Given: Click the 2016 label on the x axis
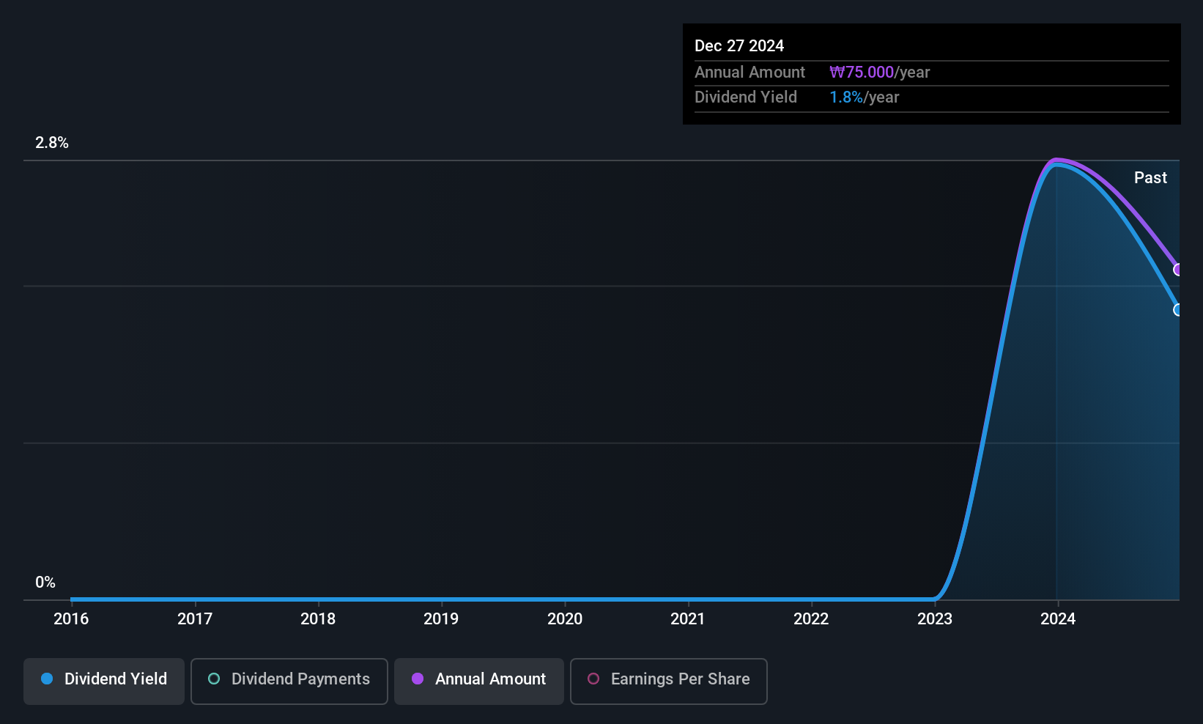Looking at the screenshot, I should point(71,618).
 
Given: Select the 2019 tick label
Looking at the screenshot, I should point(441,618).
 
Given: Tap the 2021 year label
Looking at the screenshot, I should point(688,618).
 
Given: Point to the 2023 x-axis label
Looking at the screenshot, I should point(935,618).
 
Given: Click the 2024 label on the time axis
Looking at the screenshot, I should point(1058,618).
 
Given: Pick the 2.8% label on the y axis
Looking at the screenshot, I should point(52,143).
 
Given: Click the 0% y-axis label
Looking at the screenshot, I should point(45,583).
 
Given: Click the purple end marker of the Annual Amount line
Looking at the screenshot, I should point(1178,270).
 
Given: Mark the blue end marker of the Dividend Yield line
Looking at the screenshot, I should point(1178,310).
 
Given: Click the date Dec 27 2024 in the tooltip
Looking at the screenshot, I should point(739,46).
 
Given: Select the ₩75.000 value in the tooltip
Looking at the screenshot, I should point(862,73).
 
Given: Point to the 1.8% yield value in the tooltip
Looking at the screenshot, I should point(846,97).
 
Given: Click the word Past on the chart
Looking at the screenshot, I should point(1150,178).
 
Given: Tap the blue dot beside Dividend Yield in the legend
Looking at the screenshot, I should point(47,679).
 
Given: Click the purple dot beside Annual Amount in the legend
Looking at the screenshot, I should point(418,679).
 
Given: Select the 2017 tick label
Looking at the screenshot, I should point(195,618).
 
